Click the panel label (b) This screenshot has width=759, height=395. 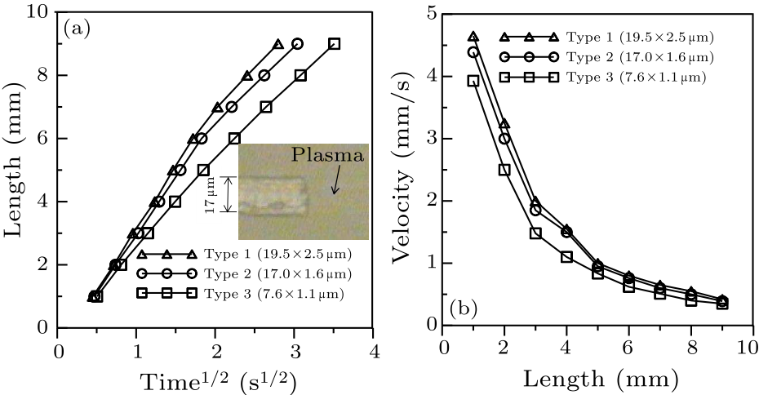tap(469, 308)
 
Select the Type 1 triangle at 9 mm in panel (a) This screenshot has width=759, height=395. tap(278, 44)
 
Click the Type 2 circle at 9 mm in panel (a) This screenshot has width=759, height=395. tap(297, 44)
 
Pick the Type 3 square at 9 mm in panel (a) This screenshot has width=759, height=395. tap(334, 44)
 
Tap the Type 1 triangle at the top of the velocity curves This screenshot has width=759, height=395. tap(473, 37)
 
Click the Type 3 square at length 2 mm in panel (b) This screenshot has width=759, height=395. tap(504, 170)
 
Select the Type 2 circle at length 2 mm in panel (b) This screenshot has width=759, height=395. tap(504, 139)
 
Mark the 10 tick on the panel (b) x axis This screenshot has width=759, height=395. tap(746, 347)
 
